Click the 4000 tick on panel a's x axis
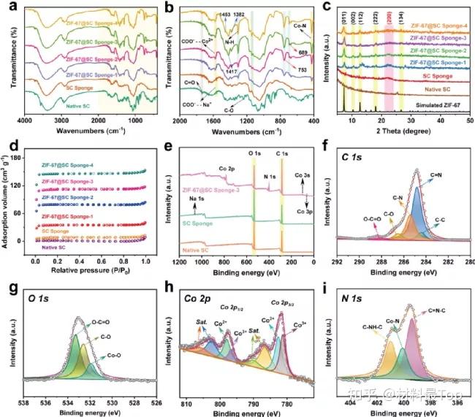pyautogui.click(x=24, y=122)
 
